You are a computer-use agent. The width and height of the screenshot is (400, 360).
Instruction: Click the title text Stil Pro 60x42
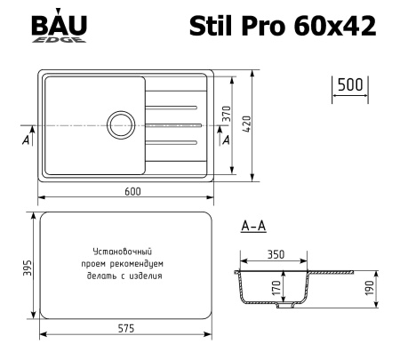tap(283, 27)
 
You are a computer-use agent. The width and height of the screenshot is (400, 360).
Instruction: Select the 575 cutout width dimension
tap(124, 329)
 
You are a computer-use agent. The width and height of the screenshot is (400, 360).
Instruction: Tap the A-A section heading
tap(252, 228)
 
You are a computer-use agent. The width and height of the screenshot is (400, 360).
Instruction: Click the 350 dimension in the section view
tap(275, 254)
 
